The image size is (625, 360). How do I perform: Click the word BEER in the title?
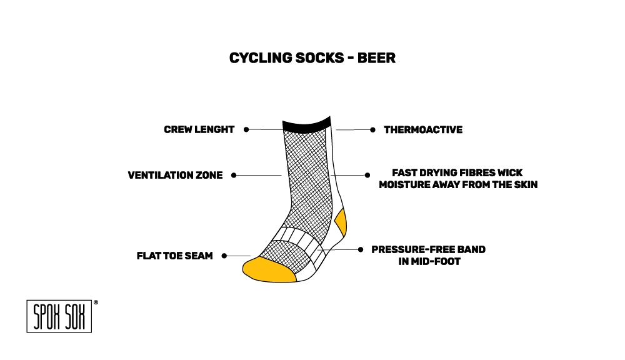[376, 58]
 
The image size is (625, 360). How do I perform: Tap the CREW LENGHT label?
[199, 130]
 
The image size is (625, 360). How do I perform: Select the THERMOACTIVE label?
[423, 130]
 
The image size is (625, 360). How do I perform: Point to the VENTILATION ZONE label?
[175, 176]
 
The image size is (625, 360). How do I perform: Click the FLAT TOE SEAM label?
[174, 256]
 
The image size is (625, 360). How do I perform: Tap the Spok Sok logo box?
[59, 317]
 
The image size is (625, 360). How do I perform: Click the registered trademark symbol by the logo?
[96, 302]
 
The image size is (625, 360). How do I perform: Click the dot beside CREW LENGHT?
[246, 129]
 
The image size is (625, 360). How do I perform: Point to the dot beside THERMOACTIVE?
[372, 130]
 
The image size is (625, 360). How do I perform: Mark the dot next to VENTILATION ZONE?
[234, 176]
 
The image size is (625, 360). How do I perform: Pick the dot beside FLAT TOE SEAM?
[224, 256]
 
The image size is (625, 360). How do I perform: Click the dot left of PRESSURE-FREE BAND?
[360, 249]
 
